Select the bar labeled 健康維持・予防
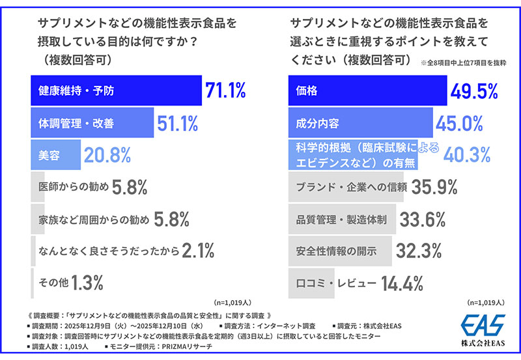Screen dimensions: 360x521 117,90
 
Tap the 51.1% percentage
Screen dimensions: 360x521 176,122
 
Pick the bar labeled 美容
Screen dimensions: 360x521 56,154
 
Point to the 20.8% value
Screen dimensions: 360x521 107,154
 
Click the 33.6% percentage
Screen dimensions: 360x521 421,219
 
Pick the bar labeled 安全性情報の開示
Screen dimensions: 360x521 339,251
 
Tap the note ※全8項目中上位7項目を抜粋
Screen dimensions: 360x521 464,62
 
